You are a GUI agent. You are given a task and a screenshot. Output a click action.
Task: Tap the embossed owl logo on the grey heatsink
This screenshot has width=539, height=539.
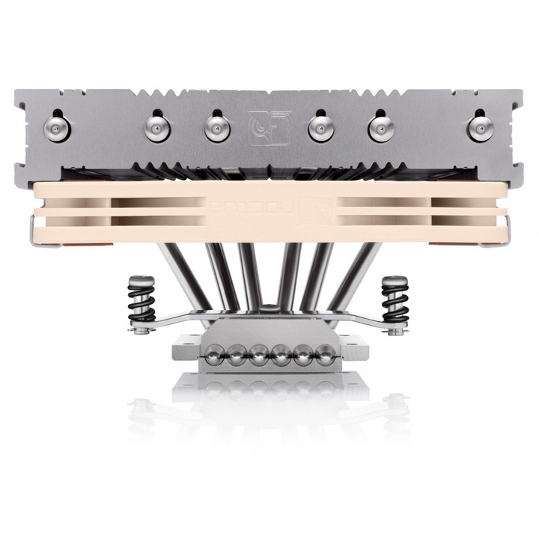click(x=268, y=127)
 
